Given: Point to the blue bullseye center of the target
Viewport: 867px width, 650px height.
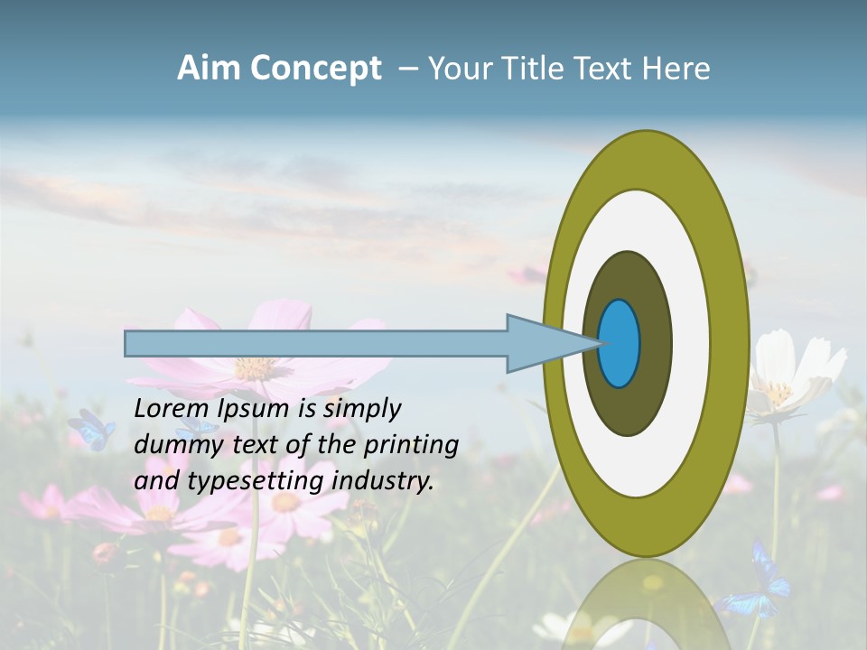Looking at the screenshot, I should [x=620, y=343].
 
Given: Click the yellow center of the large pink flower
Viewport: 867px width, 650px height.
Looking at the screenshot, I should [x=254, y=367].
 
